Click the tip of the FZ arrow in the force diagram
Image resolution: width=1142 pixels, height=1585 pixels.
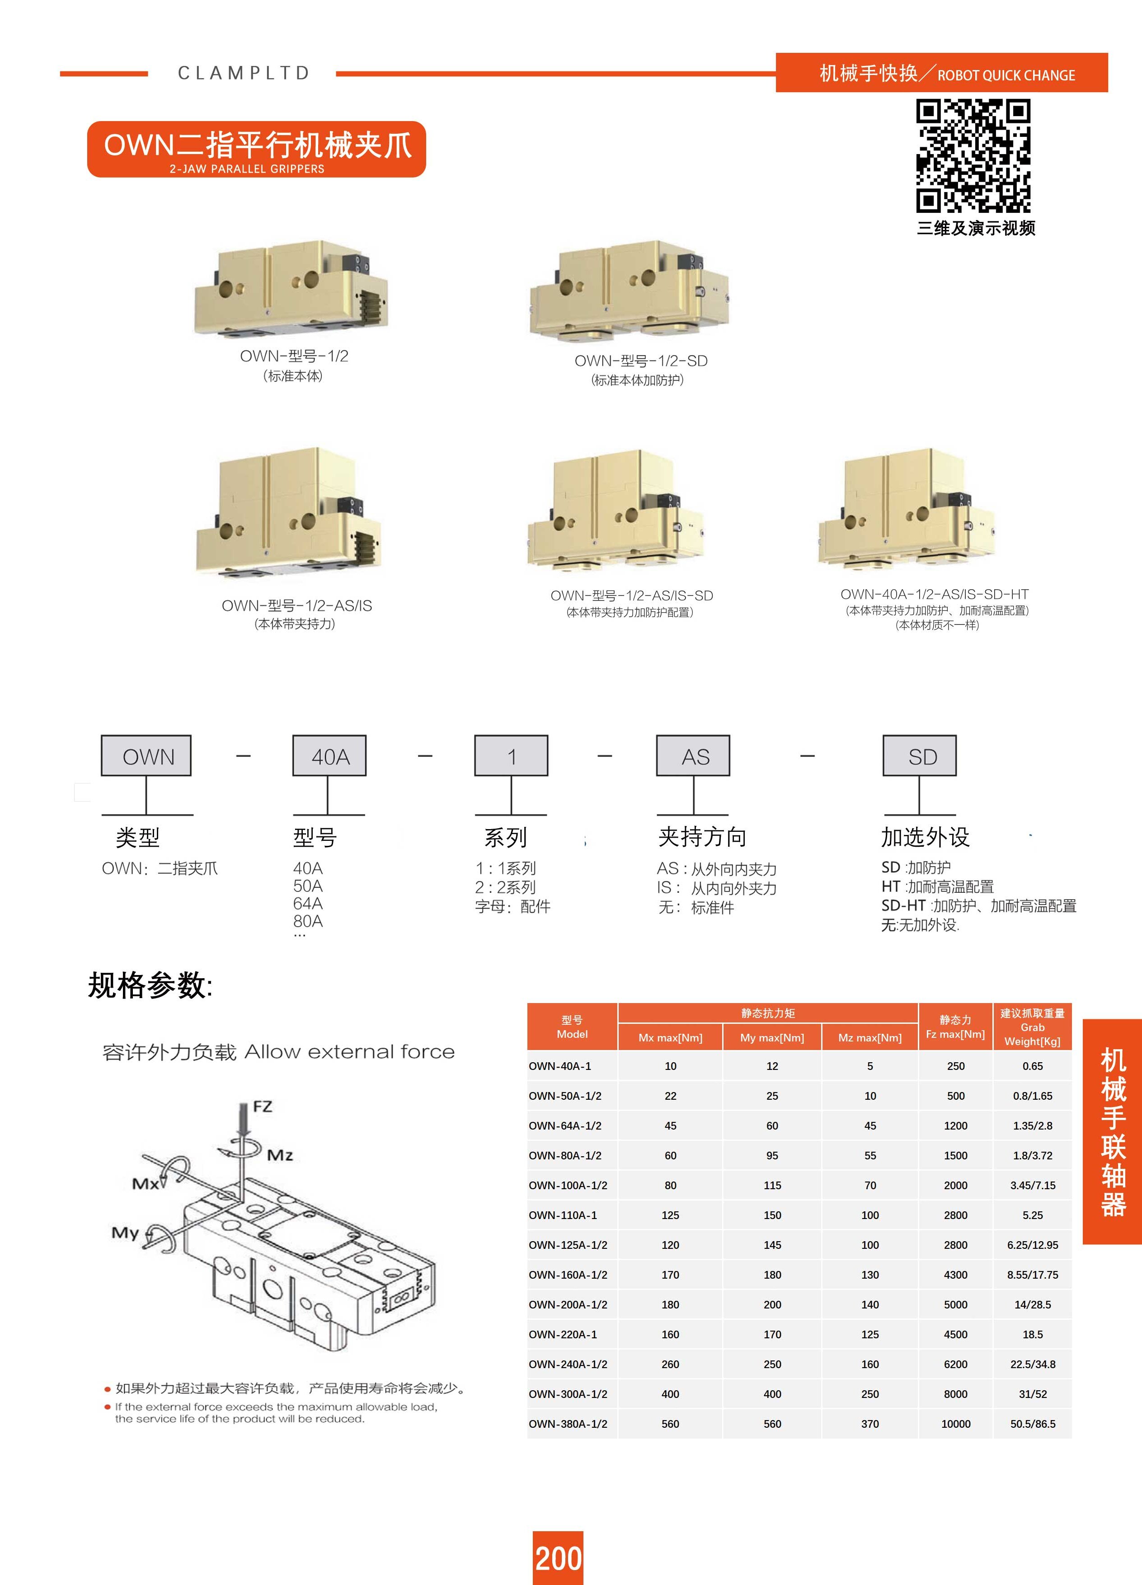coord(243,1137)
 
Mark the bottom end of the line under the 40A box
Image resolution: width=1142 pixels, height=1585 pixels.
coord(328,815)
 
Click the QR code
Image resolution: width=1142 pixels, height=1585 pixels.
coord(973,156)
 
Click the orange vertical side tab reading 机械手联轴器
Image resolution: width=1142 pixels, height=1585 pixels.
coord(1112,1131)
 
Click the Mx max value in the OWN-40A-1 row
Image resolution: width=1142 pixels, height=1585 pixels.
coord(670,1066)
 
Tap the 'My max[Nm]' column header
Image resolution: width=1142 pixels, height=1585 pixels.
coord(772,1038)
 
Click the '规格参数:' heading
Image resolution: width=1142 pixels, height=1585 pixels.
coord(150,985)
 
